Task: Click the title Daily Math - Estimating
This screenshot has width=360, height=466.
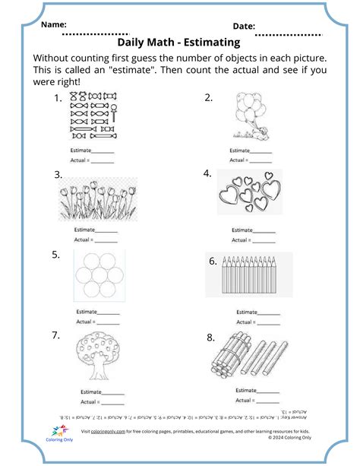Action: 180,43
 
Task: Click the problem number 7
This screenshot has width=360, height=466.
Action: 56,335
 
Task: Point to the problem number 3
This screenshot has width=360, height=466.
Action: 58,175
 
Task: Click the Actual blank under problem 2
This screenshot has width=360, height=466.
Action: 261,160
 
